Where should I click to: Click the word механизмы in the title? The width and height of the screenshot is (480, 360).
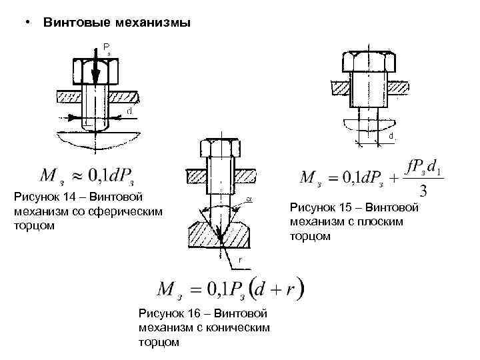(148, 23)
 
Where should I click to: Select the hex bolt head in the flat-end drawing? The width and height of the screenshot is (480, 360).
(369, 62)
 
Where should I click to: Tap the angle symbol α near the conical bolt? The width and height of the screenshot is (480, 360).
(248, 198)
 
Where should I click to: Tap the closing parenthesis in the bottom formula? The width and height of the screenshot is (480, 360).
(301, 289)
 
